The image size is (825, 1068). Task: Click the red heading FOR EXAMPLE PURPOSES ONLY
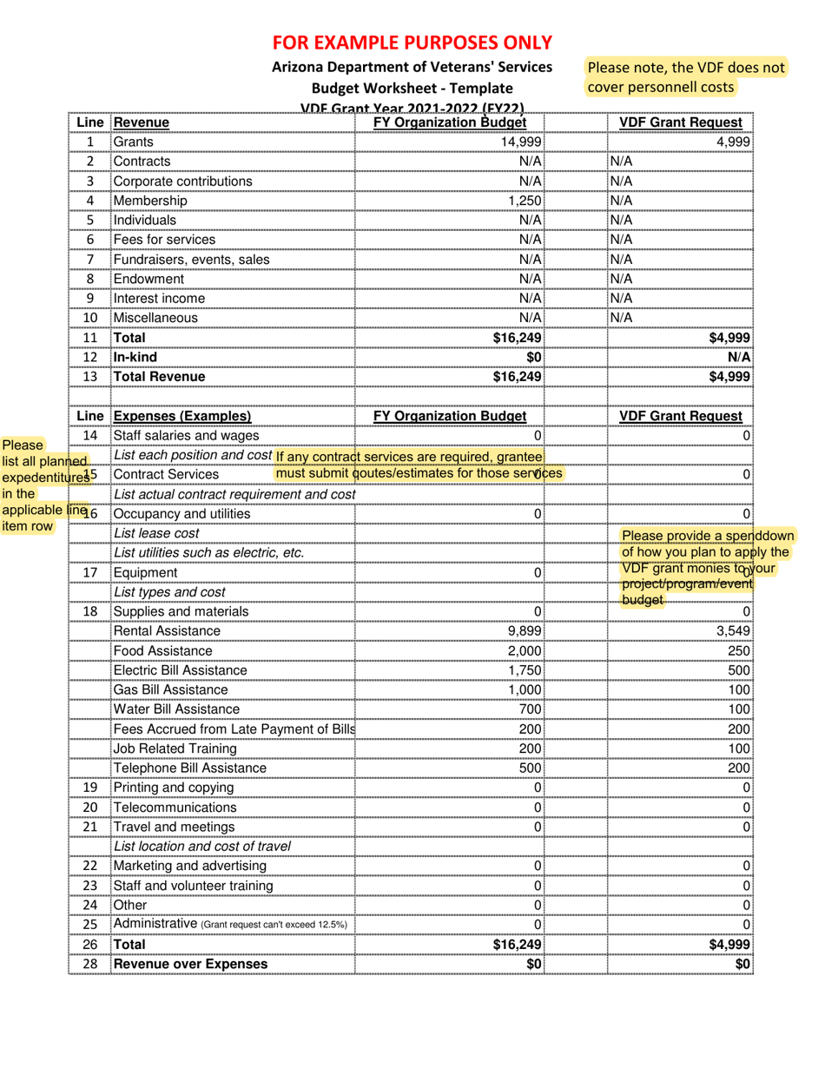412,42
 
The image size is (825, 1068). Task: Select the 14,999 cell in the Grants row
522,142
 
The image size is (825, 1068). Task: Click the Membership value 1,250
525,201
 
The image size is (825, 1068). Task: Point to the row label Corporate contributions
182,181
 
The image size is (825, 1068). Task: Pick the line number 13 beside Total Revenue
89,377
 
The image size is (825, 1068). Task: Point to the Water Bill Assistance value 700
530,709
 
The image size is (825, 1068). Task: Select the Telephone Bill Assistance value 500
530,768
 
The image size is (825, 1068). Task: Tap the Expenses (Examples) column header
181,417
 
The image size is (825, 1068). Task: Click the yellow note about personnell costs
685,77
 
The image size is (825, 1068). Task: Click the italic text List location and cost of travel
201,847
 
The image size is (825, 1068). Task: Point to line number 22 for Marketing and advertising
89,867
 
